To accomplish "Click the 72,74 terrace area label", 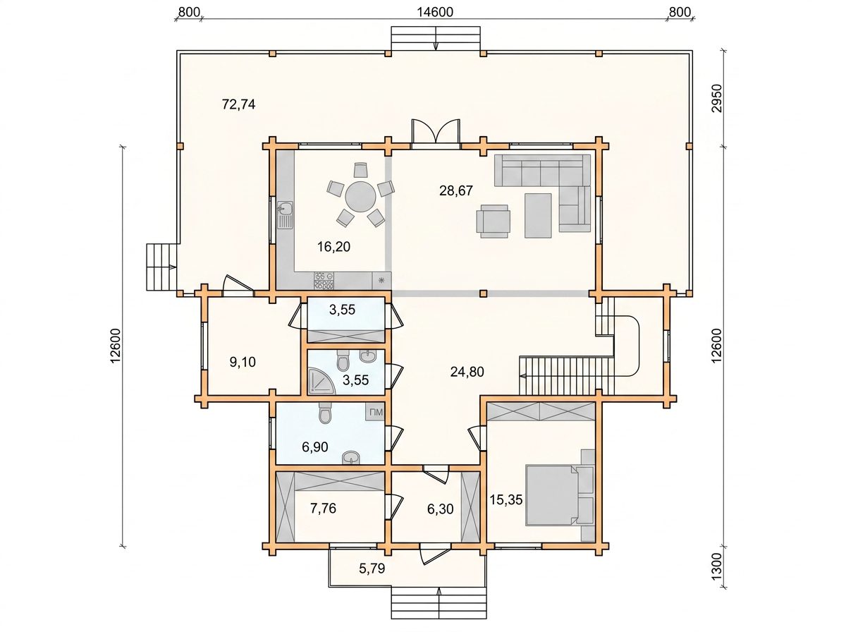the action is pyautogui.click(x=238, y=104).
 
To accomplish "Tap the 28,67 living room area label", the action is pyautogui.click(x=456, y=190).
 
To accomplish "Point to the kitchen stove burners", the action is pyautogui.click(x=324, y=281).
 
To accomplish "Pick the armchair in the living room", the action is pyautogui.click(x=493, y=221).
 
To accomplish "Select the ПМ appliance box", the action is pyautogui.click(x=376, y=412).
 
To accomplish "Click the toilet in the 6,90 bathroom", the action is pyautogui.click(x=325, y=413).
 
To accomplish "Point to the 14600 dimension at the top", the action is pyautogui.click(x=435, y=12).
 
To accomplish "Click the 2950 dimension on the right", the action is pyautogui.click(x=716, y=109).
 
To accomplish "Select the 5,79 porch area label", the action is pyautogui.click(x=372, y=568).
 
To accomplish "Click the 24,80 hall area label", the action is pyautogui.click(x=467, y=372).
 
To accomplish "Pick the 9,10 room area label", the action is pyautogui.click(x=243, y=362).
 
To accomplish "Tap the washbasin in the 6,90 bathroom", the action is pyautogui.click(x=350, y=457).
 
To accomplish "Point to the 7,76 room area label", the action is pyautogui.click(x=323, y=509).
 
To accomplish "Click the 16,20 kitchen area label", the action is pyautogui.click(x=333, y=246).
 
